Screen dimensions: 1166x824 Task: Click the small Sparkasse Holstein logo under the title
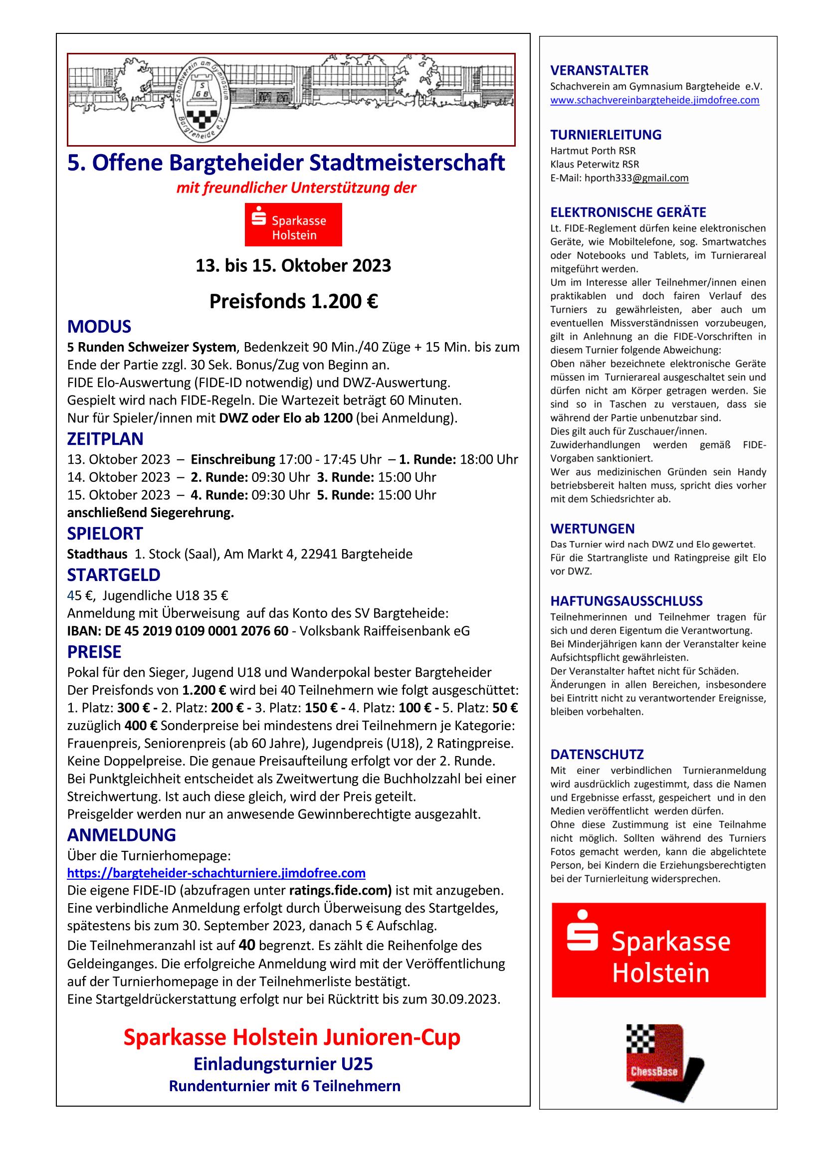tap(293, 224)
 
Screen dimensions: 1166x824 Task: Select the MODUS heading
tap(99, 326)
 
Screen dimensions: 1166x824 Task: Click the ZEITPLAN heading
tap(105, 438)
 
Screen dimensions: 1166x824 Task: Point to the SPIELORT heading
tap(105, 533)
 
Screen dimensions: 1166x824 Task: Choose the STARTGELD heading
tap(113, 575)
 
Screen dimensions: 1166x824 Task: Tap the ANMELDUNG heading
tap(121, 834)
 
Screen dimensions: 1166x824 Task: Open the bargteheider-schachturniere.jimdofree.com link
tap(216, 873)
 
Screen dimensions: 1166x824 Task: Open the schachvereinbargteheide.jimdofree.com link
tap(654, 100)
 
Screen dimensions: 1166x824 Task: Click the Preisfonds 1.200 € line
tap(293, 301)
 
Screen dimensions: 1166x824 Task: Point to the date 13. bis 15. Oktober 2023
tap(293, 266)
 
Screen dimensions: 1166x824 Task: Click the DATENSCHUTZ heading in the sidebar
tap(597, 754)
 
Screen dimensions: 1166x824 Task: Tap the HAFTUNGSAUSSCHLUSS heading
tap(626, 601)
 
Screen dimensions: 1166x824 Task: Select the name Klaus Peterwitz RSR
tap(595, 164)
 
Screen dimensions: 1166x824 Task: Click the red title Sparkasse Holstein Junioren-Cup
tap(292, 1037)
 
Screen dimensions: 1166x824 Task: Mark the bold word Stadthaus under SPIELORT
tap(97, 554)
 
